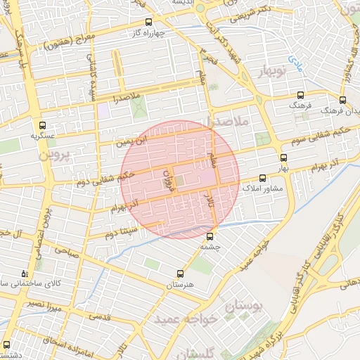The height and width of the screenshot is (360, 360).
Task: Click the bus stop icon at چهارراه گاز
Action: [148, 22]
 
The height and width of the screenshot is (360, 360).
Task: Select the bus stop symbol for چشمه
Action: [210, 237]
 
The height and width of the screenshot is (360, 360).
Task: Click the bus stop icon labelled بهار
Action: [283, 158]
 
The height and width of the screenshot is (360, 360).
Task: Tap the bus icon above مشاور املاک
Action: [262, 178]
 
